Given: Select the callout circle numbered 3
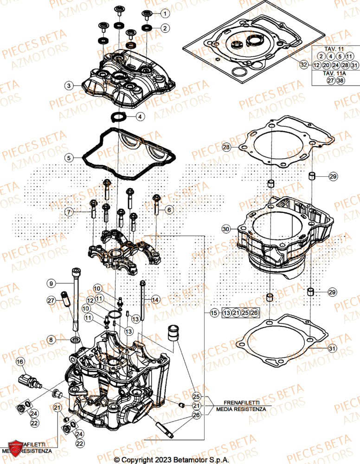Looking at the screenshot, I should (x=69, y=85).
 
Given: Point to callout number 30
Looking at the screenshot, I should (x=226, y=229).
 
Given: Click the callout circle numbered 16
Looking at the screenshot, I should (x=20, y=361).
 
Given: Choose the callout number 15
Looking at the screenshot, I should (x=214, y=313).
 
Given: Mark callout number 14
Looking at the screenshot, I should (x=155, y=300).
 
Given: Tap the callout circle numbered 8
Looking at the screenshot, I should (x=51, y=340).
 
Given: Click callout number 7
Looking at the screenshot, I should (x=69, y=212).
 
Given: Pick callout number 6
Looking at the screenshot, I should (x=169, y=210).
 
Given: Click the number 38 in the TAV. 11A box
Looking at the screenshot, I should (x=341, y=81).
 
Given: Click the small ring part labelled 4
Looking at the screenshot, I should (x=118, y=116).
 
